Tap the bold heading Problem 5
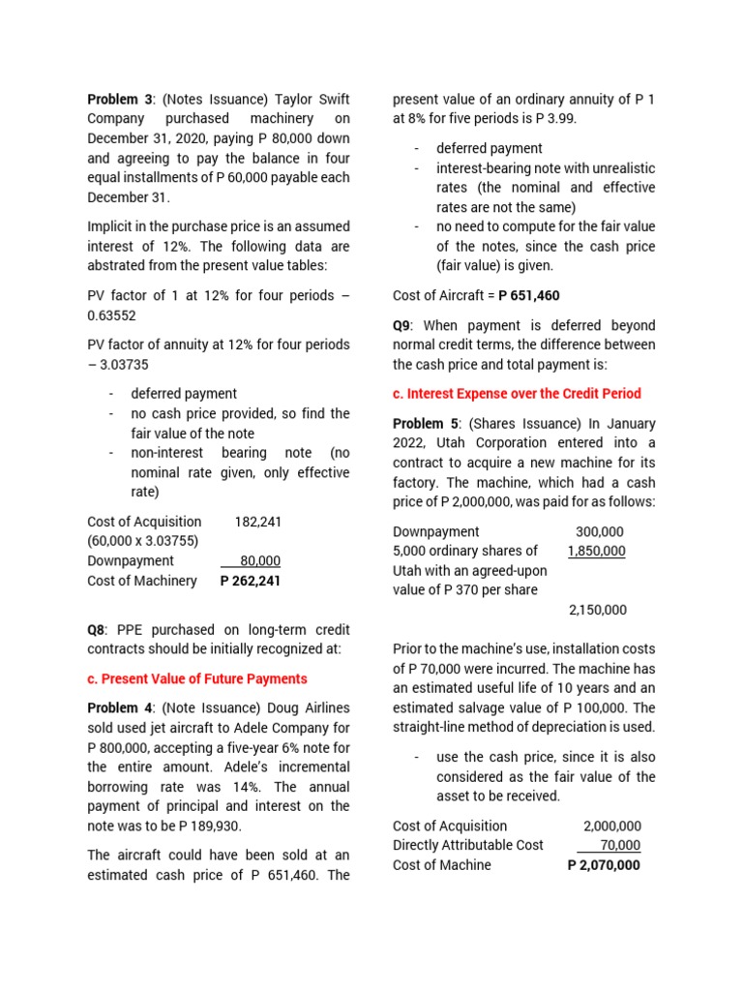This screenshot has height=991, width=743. pos(426,424)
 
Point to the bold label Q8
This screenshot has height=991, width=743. pos(100,631)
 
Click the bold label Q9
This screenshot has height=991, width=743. pos(405,325)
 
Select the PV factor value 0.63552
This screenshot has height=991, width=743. pos(114,315)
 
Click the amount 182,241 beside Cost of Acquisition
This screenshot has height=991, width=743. pos(257,522)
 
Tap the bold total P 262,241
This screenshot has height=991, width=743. pos(251,581)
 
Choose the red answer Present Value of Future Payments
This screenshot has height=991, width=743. pos(197,678)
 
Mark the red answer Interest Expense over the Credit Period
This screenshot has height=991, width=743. pos(517,393)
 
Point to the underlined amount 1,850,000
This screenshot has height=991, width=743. pos(596,551)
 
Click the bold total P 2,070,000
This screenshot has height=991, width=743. pos(603,865)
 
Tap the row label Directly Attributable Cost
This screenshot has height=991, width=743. pos(468,846)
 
